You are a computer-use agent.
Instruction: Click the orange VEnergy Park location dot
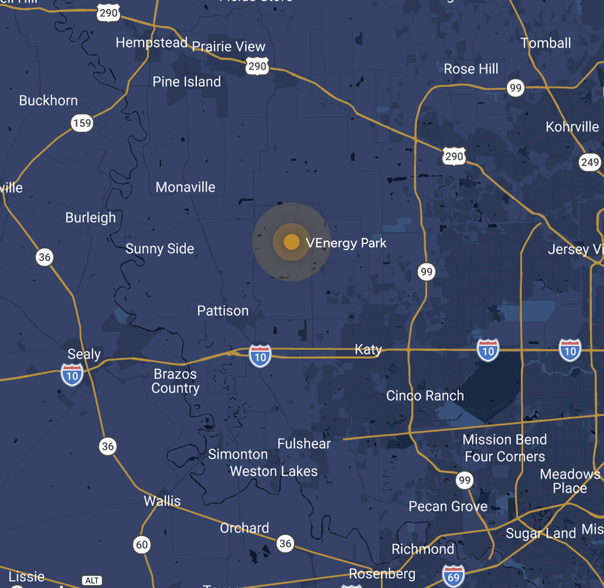[291, 242]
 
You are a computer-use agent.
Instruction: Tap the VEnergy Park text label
[346, 243]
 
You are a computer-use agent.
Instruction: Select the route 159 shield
[82, 123]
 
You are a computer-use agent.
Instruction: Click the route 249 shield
[590, 162]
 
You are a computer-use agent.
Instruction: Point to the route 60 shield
[142, 544]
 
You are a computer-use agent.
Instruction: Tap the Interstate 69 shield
[453, 576]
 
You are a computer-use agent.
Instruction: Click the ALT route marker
[92, 580]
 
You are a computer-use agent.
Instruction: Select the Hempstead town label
[151, 43]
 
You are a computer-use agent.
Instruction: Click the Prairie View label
[228, 47]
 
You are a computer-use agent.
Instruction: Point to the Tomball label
[545, 43]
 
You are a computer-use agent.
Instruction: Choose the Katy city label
[368, 349]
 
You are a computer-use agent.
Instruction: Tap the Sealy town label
[84, 354]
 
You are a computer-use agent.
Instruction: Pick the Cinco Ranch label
[425, 396]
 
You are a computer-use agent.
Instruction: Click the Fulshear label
[304, 443]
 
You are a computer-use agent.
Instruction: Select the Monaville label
[185, 187]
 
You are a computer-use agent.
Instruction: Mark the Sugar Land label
[541, 533]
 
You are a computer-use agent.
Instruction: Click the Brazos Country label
[175, 381]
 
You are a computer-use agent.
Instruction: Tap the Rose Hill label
[471, 68]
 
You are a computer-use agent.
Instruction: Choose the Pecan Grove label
[448, 506]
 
